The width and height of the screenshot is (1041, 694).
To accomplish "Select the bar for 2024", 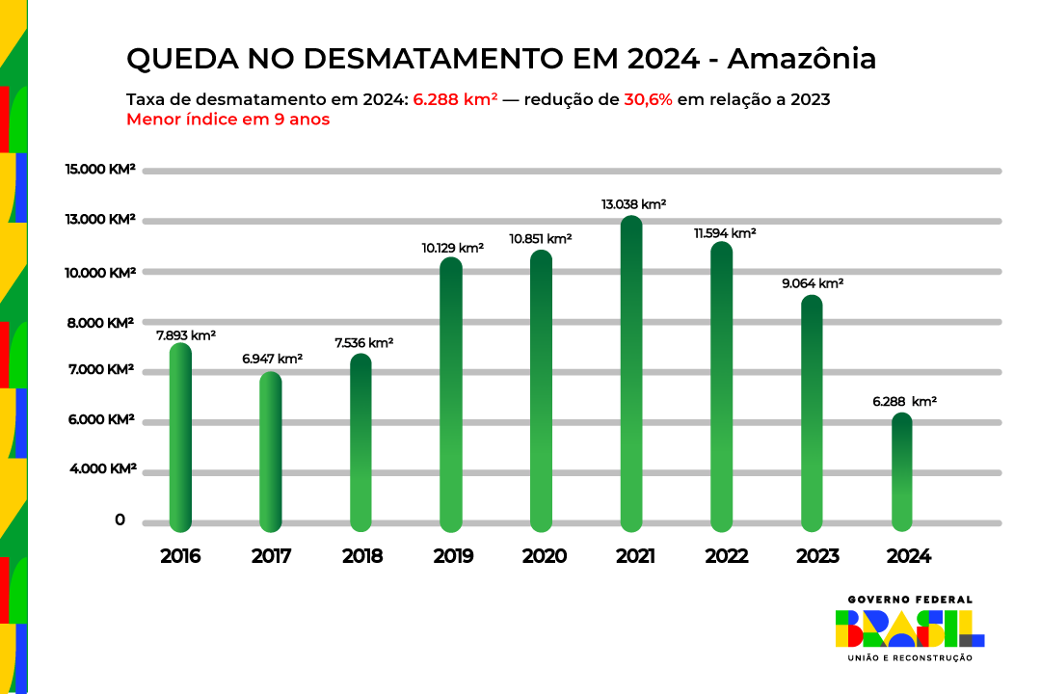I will (901, 472).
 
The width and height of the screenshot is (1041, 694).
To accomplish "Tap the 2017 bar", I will (271, 452).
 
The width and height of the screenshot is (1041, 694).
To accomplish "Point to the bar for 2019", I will (451, 395).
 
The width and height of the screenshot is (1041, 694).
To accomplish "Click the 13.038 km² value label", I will (633, 204).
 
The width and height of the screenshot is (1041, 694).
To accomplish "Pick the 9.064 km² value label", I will (812, 283).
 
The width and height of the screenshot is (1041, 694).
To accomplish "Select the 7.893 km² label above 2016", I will (185, 335).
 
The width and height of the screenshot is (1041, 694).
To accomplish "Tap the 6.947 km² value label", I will (272, 359).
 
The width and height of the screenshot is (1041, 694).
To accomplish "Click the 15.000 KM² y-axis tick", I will (100, 170).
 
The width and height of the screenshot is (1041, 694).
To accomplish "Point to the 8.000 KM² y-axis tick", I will (100, 323).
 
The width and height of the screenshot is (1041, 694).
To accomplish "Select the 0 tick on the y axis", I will (120, 520).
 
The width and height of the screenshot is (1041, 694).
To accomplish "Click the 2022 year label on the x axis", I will (726, 556).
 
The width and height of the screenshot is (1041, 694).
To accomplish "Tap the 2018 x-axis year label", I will (361, 556).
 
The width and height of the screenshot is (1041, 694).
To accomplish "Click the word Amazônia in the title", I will (801, 59).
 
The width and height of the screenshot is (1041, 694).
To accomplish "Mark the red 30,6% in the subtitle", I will (648, 100).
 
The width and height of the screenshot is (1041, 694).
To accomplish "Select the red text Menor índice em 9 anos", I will (227, 120).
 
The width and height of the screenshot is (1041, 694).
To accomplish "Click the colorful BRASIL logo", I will (909, 628).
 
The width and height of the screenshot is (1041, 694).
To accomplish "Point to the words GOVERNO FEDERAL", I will (909, 600).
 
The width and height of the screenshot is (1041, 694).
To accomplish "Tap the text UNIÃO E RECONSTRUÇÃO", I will (909, 658).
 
